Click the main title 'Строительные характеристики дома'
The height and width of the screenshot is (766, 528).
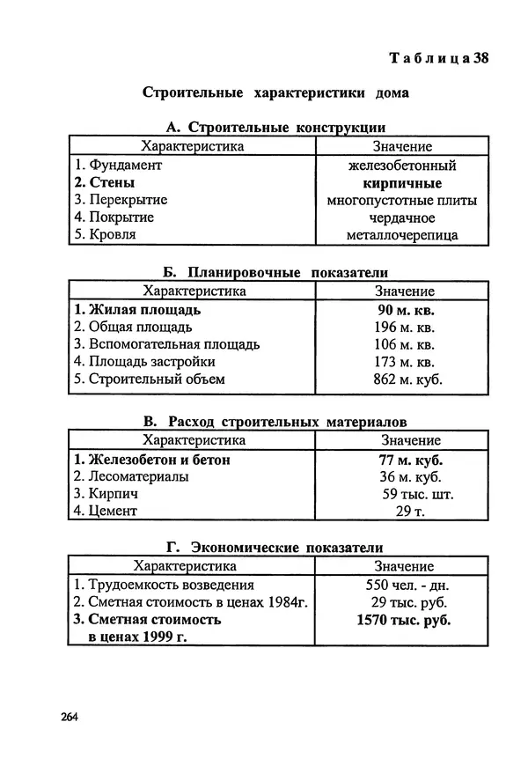(x=275, y=92)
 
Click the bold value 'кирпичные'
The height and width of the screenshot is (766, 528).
(x=401, y=183)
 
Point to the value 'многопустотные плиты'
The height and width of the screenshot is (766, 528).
(x=401, y=201)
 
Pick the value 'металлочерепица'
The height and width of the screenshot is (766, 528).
(x=401, y=235)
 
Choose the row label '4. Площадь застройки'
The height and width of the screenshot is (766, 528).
(x=144, y=362)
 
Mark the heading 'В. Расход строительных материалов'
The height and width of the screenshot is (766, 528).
(x=275, y=422)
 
